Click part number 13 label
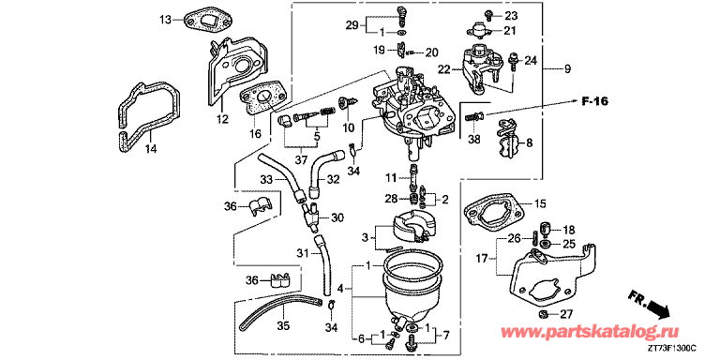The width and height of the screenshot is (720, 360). (x=165, y=20)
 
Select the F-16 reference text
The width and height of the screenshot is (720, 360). (x=594, y=102)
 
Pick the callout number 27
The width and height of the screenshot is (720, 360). (x=567, y=315)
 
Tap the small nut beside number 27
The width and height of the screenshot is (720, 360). (x=543, y=314)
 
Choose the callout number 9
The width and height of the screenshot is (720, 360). (x=567, y=69)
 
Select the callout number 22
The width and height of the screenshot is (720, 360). (x=444, y=69)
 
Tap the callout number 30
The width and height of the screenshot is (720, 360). (x=337, y=217)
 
